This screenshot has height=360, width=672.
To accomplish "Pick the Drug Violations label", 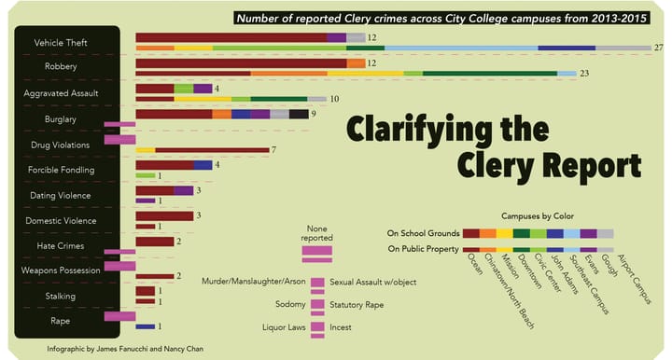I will click(61, 145).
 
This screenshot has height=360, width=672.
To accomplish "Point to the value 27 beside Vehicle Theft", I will click(659, 48).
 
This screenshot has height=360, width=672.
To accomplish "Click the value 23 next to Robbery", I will click(586, 73).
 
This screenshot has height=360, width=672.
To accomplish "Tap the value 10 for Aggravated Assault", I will click(333, 99).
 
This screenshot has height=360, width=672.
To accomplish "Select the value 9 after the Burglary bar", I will click(315, 114).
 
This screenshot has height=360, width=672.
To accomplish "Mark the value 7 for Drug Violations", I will click(273, 150).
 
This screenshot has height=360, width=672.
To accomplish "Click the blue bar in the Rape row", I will click(145, 326).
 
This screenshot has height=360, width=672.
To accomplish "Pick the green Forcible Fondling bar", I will click(145, 175).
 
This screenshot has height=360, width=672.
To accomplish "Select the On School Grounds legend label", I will click(421, 232).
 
